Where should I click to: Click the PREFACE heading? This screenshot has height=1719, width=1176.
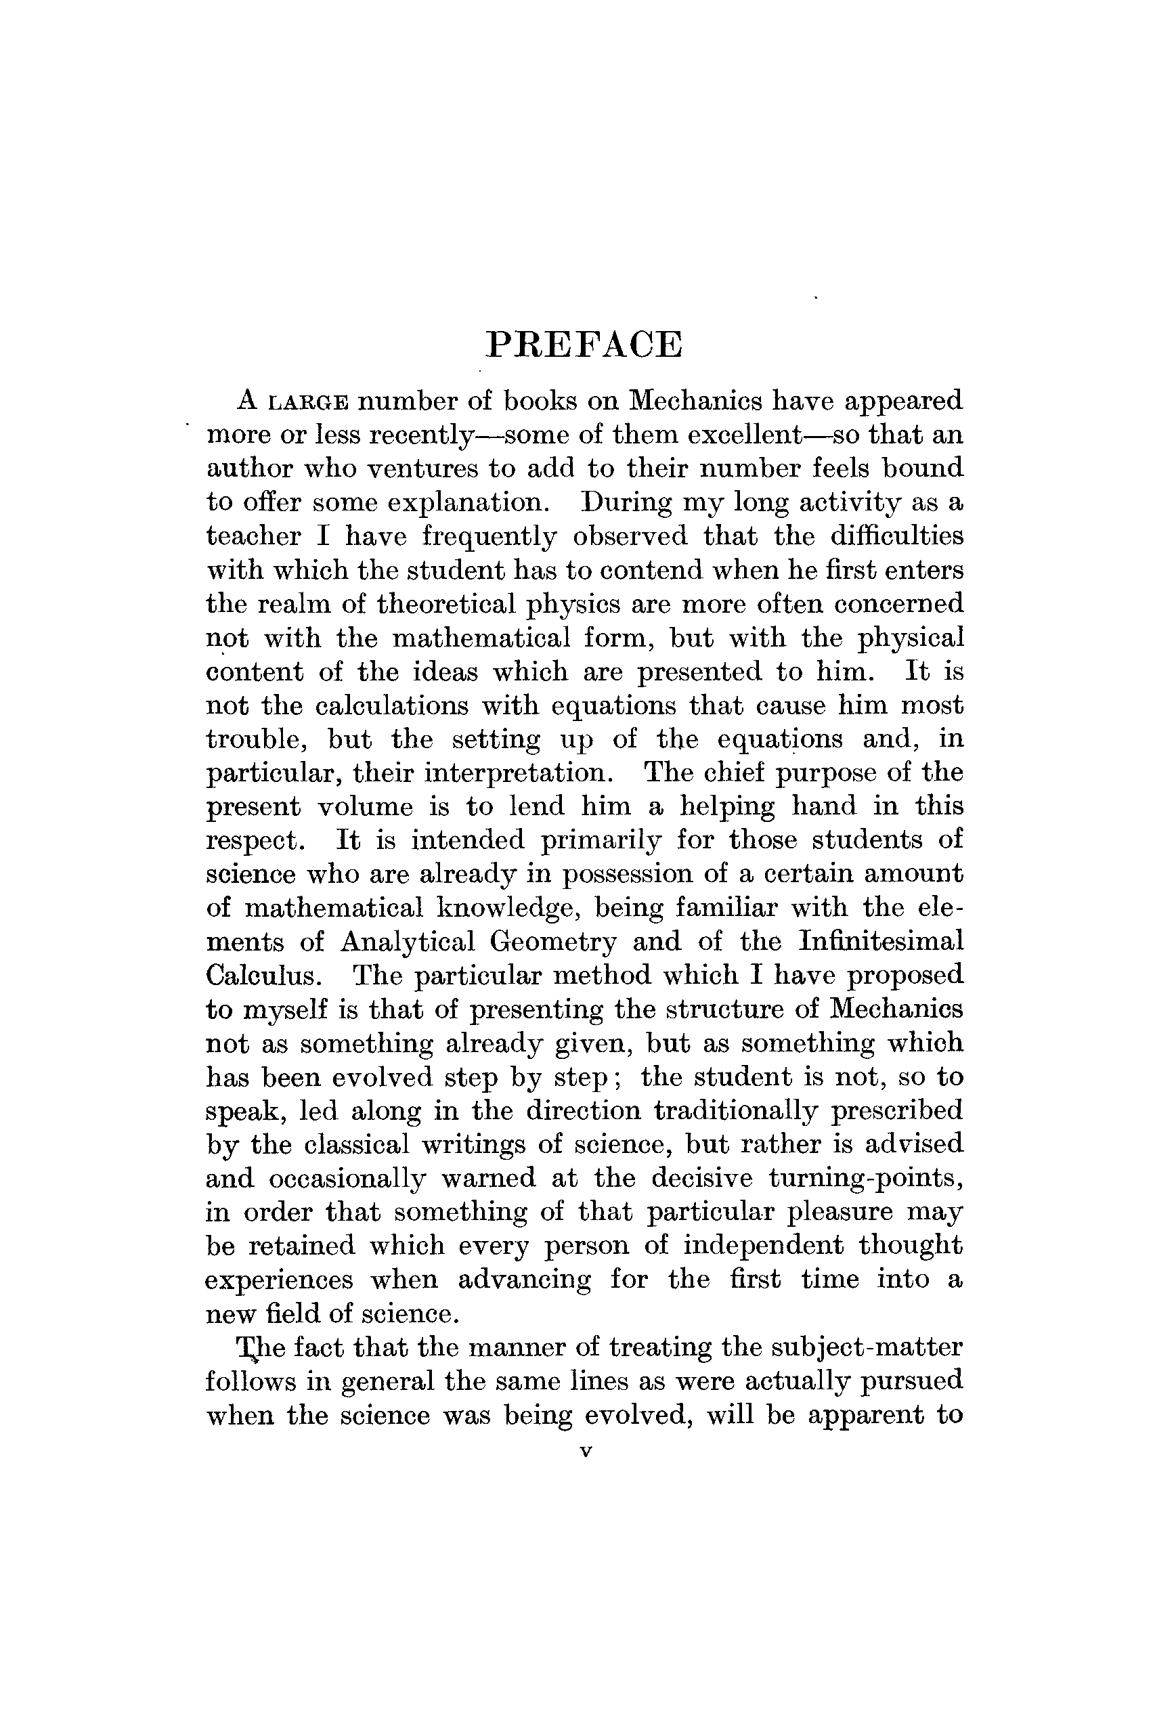[x=584, y=345]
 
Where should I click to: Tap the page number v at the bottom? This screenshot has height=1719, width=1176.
[x=586, y=1452]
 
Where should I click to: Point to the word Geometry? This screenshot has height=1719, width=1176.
[x=552, y=942]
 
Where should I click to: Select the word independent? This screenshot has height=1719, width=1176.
[x=762, y=1246]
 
